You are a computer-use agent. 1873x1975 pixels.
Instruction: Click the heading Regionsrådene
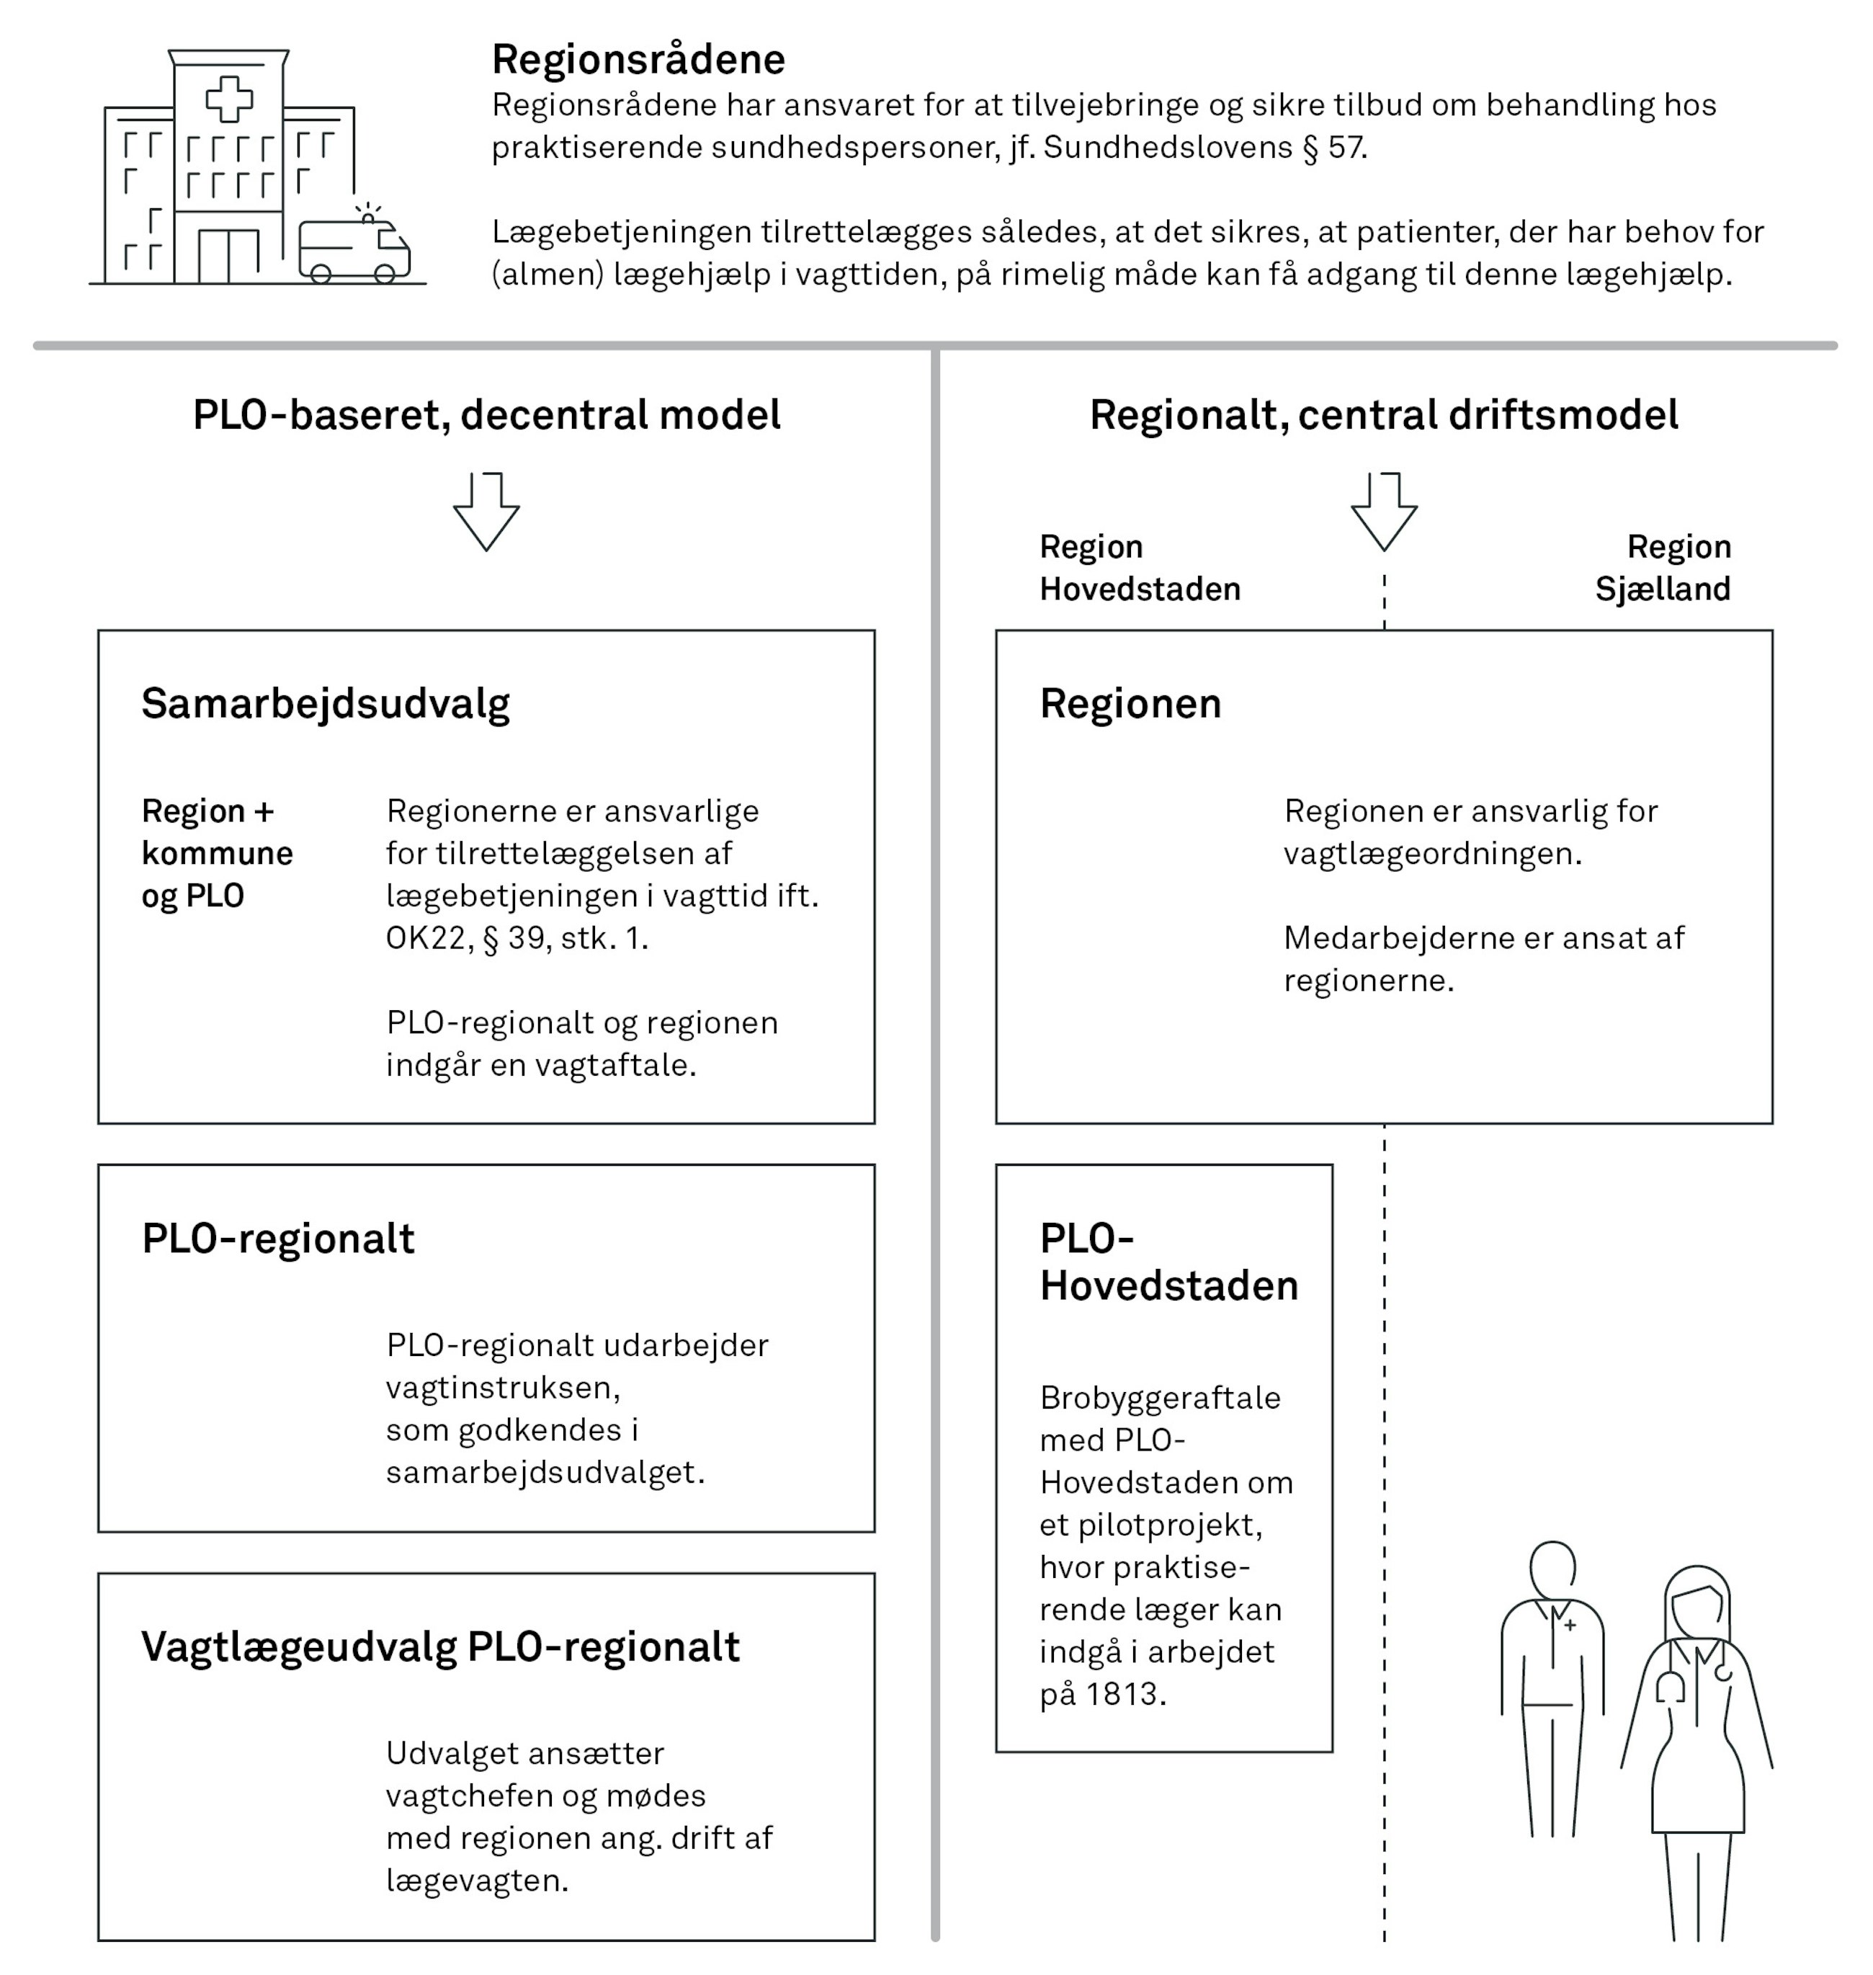pos(638,60)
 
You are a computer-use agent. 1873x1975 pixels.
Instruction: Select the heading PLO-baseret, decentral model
pos(486,415)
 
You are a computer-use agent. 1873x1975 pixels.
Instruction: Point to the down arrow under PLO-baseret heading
pos(486,512)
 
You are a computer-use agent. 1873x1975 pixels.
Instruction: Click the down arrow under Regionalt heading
pos(1384,512)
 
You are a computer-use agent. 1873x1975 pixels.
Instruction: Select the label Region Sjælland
pos(1663,568)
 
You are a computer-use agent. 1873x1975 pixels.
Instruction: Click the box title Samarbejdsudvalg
pos(326,704)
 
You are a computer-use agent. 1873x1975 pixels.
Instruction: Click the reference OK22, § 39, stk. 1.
pos(517,939)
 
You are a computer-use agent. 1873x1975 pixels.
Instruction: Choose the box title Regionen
pos(1130,704)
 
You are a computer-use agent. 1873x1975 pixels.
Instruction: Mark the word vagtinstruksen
pos(502,1388)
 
